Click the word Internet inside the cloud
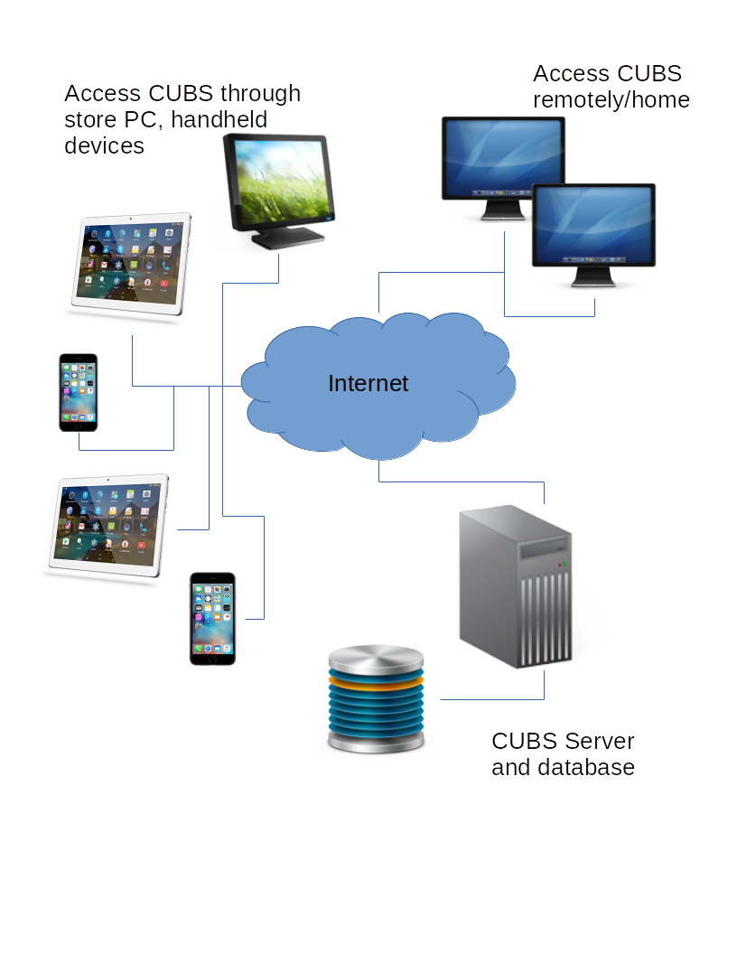[368, 383]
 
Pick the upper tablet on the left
[132, 263]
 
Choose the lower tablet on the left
[109, 525]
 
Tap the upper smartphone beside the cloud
[79, 392]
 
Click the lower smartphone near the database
[212, 619]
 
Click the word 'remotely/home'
[611, 99]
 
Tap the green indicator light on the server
[565, 564]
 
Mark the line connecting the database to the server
[492, 699]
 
